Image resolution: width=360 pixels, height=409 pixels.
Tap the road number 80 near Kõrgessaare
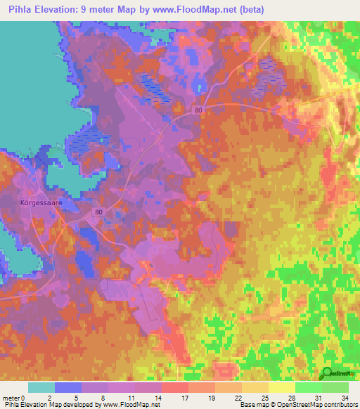pyautogui.click(x=99, y=212)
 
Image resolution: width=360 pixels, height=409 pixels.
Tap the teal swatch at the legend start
pyautogui.click(x=41, y=387)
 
